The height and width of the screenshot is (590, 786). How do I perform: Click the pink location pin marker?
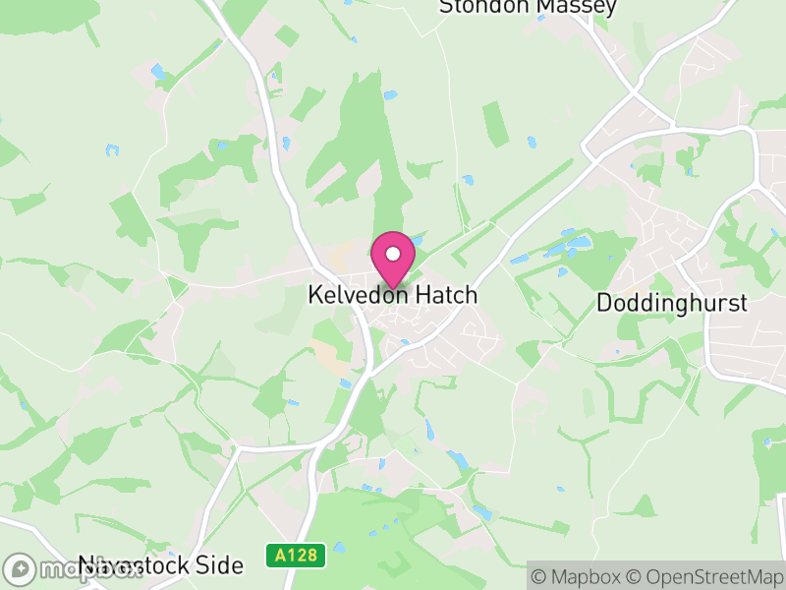pyautogui.click(x=392, y=259)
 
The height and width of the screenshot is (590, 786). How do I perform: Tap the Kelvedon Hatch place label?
pyautogui.click(x=392, y=295)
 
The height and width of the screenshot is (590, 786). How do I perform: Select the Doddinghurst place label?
pyautogui.click(x=672, y=303)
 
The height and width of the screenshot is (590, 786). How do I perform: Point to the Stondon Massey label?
pyautogui.click(x=528, y=7)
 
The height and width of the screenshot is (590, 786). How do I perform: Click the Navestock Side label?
pyautogui.click(x=160, y=566)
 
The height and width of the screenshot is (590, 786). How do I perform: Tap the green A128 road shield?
pyautogui.click(x=296, y=556)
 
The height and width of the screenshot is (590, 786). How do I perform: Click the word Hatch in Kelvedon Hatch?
pyautogui.click(x=445, y=295)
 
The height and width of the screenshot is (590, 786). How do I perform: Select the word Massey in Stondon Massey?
pyautogui.click(x=579, y=7)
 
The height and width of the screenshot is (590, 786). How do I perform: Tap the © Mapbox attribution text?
pyautogui.click(x=577, y=575)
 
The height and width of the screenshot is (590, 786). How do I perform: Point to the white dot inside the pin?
pyautogui.click(x=392, y=254)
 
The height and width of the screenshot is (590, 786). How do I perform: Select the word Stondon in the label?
pyautogui.click(x=486, y=7)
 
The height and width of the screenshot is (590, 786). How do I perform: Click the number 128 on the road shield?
pyautogui.click(x=302, y=556)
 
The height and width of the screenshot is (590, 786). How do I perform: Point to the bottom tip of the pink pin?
pyautogui.click(x=392, y=287)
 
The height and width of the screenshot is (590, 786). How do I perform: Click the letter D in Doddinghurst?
pyautogui.click(x=604, y=303)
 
